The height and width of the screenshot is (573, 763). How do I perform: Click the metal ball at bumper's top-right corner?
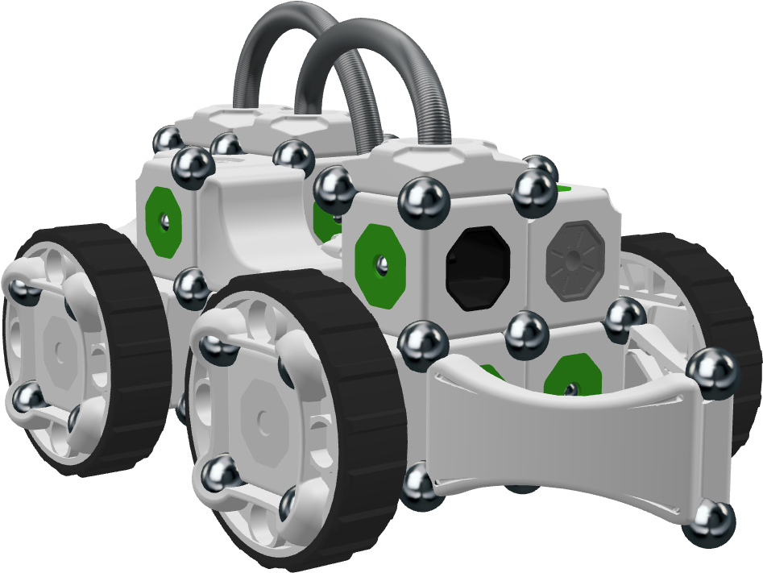[711, 372]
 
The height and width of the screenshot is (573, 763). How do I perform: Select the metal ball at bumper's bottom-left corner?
[421, 484]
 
